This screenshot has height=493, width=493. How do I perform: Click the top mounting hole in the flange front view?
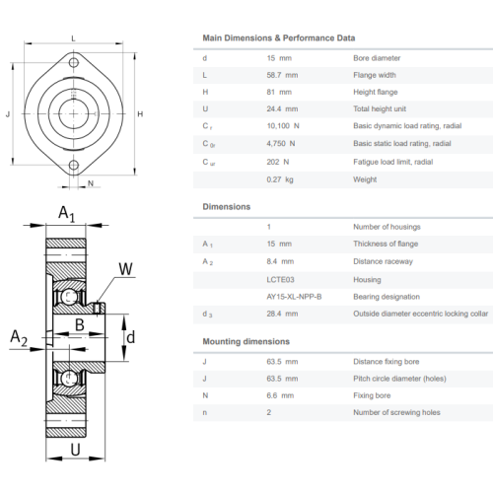pyautogui.click(x=74, y=62)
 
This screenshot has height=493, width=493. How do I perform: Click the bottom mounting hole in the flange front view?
pyautogui.click(x=74, y=165)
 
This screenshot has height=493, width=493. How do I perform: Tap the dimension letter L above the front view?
pyautogui.click(x=73, y=38)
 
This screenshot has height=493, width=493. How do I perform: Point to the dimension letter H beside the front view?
pyautogui.click(x=140, y=114)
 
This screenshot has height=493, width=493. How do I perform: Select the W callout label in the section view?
pyautogui.click(x=125, y=269)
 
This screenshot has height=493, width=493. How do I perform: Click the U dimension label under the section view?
pyautogui.click(x=75, y=450)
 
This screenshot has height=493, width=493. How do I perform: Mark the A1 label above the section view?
pyautogui.click(x=67, y=213)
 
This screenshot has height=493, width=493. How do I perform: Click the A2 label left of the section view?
pyautogui.click(x=19, y=337)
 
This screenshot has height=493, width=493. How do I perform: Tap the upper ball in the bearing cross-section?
pyautogui.click(x=69, y=297)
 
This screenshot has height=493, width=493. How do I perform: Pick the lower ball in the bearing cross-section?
pyautogui.click(x=69, y=378)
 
